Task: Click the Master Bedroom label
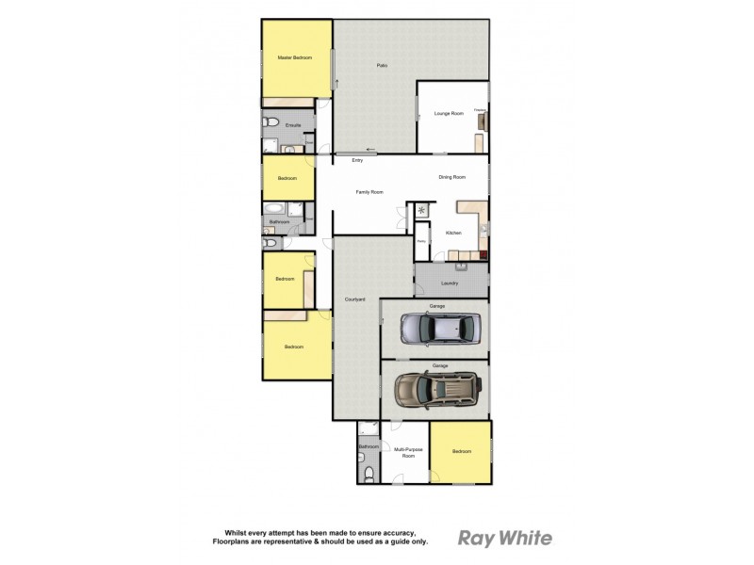pyautogui.click(x=294, y=58)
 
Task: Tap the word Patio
pyautogui.click(x=382, y=65)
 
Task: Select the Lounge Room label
pyautogui.click(x=449, y=114)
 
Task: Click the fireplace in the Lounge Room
pyautogui.click(x=483, y=121)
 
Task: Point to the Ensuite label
pyautogui.click(x=293, y=125)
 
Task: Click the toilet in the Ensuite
pyautogui.click(x=271, y=121)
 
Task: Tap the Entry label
pyautogui.click(x=357, y=161)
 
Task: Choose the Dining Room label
pyautogui.click(x=452, y=177)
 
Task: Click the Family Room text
pyautogui.click(x=369, y=192)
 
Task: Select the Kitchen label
pyautogui.click(x=453, y=233)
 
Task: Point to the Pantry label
pyautogui.click(x=421, y=242)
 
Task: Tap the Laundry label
pyautogui.click(x=450, y=282)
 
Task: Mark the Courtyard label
pyautogui.click(x=354, y=299)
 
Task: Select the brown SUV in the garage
pyautogui.click(x=436, y=389)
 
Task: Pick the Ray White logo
pyautogui.click(x=505, y=539)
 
